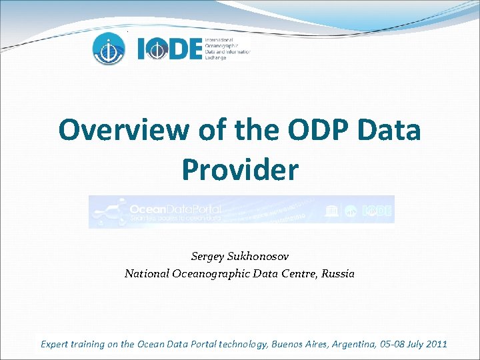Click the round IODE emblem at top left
pos(108,48)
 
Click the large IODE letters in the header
pos(169,49)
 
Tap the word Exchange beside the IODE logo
pos(216,58)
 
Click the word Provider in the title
pos(240,170)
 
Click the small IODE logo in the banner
pos(377,212)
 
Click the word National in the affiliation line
pos(147,273)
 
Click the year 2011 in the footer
pos(435,344)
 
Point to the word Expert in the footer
pos(55,344)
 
